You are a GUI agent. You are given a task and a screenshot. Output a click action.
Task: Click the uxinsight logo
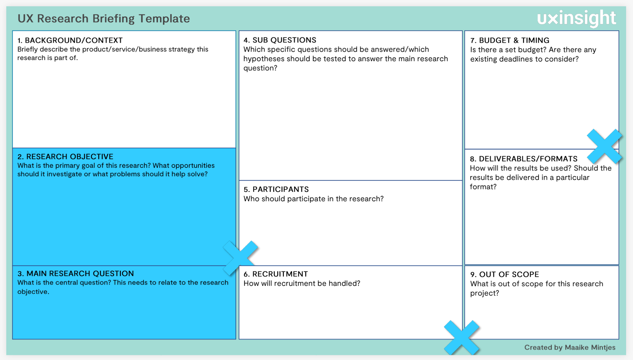click(576, 18)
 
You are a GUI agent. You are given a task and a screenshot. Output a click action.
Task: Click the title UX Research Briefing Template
click(104, 19)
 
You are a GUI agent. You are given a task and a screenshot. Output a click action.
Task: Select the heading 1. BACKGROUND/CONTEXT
click(70, 40)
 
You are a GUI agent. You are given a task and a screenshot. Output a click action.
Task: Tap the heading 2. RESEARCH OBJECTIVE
click(65, 156)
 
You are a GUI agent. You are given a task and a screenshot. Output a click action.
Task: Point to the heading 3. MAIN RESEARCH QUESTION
click(76, 273)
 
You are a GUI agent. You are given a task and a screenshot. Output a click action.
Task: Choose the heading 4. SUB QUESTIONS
click(280, 40)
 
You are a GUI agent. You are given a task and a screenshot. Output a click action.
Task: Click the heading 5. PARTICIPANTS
click(276, 189)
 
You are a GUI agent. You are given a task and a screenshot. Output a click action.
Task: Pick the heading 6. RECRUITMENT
click(276, 274)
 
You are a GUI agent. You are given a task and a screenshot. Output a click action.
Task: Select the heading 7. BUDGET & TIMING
click(510, 40)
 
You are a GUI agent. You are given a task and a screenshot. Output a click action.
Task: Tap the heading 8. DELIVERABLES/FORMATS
click(523, 159)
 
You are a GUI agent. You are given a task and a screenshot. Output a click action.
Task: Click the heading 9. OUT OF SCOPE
click(504, 274)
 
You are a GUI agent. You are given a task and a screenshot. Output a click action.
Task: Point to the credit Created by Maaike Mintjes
click(570, 347)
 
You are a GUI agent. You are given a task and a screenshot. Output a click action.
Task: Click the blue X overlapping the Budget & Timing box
click(604, 146)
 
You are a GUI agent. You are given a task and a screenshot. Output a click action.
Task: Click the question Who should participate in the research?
click(313, 199)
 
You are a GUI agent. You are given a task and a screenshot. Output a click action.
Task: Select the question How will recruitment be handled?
click(302, 283)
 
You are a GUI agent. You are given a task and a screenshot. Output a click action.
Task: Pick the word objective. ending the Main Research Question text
click(33, 292)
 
